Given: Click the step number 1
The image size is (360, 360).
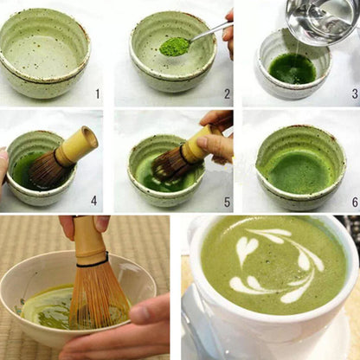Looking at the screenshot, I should coord(98,93).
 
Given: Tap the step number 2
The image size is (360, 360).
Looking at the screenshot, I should coord(228,93).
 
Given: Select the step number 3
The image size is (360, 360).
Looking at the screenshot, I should coord(354,93).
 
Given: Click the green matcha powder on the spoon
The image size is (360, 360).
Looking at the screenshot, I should coord(176,45).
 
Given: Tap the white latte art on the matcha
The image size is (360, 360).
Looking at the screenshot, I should coord(273,264).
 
